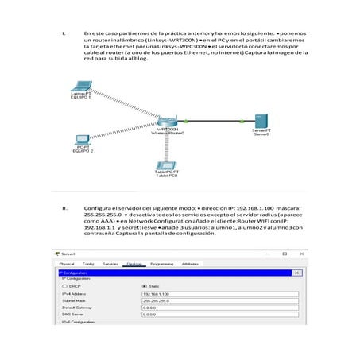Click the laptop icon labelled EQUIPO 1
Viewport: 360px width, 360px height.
click(80, 85)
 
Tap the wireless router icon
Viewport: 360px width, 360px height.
click(168, 120)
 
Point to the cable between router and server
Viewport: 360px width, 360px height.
click(215, 121)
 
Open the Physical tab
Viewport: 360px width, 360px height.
click(67, 263)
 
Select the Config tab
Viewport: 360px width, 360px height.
click(88, 263)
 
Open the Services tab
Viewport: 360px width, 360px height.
click(110, 263)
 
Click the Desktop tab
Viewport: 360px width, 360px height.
click(134, 263)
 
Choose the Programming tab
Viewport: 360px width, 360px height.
click(161, 263)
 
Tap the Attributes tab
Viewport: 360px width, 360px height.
click(190, 263)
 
